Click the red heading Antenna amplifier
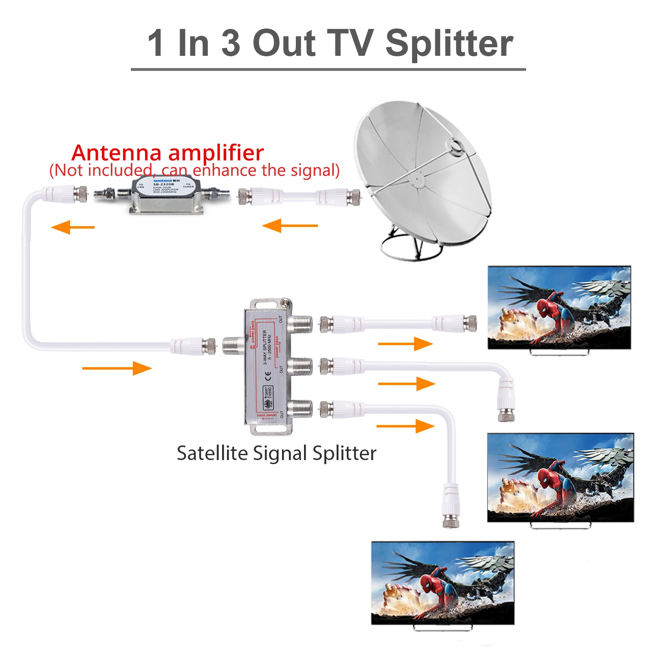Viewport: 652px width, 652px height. (x=167, y=153)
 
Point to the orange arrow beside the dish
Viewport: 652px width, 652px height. (x=290, y=225)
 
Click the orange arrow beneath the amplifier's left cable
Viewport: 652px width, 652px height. (x=73, y=227)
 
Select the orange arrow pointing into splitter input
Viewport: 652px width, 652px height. (x=117, y=368)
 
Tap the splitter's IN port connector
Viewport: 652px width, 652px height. (x=233, y=345)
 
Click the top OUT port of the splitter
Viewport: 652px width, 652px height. (x=301, y=324)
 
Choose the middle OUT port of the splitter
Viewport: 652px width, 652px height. (x=301, y=366)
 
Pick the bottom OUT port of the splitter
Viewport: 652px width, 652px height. (x=301, y=409)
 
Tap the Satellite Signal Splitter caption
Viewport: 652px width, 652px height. (x=276, y=453)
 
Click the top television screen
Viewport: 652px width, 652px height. (x=559, y=308)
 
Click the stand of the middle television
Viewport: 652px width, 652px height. (x=560, y=525)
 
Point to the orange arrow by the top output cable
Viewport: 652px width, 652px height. (x=405, y=344)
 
